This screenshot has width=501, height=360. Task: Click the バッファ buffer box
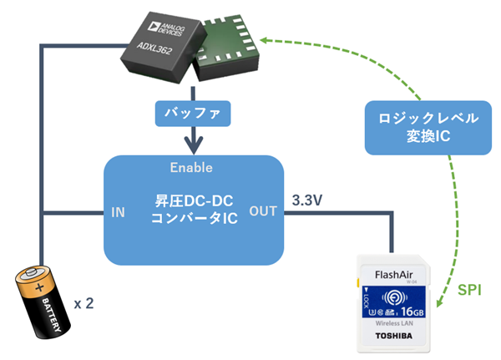193,112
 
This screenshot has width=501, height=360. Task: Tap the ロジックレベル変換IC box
420,126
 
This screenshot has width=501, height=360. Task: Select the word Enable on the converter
193,167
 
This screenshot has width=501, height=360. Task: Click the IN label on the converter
119,212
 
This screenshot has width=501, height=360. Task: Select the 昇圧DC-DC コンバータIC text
191,210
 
